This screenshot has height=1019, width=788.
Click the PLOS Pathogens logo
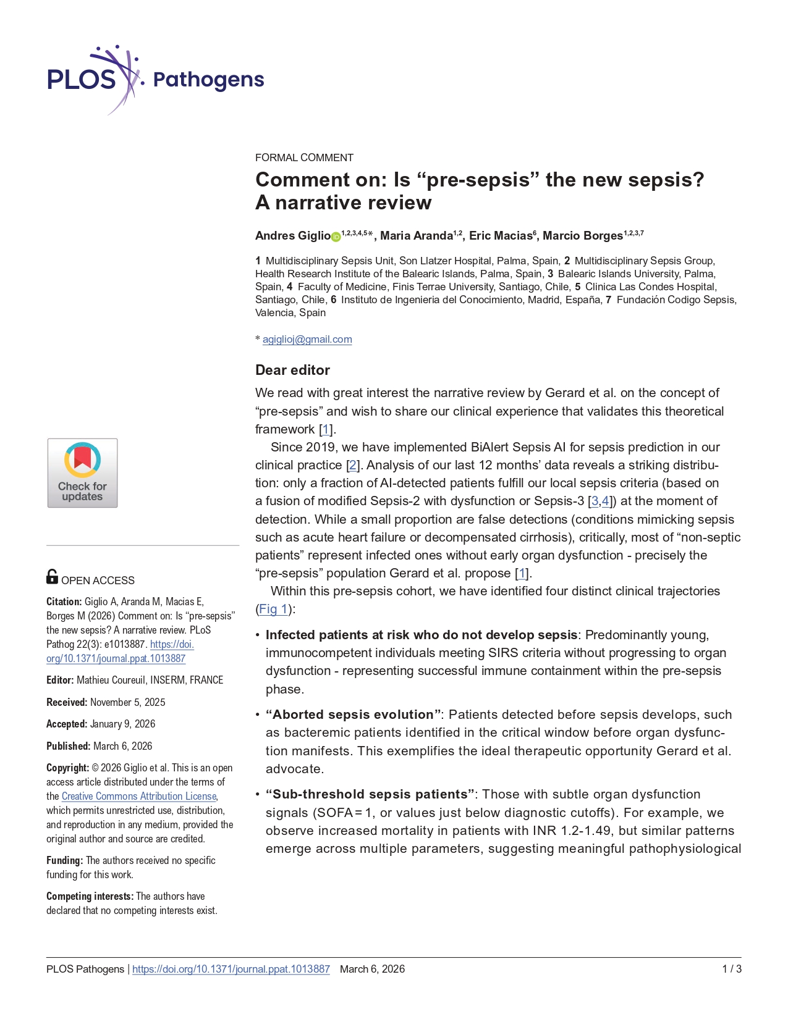click(x=155, y=80)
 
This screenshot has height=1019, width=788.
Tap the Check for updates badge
click(x=82, y=473)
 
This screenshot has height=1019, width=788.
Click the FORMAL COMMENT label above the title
click(x=304, y=157)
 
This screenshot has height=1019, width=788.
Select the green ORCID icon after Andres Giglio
click(x=336, y=237)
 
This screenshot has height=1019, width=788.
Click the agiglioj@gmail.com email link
click(x=307, y=339)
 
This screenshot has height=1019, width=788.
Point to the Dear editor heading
click(x=292, y=370)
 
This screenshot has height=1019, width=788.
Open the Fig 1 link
click(x=273, y=609)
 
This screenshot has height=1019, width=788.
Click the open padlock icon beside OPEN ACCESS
click(x=52, y=577)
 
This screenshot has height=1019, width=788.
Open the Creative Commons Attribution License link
click(x=139, y=796)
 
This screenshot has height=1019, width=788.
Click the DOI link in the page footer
click(x=231, y=969)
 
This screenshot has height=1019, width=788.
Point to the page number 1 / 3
click(x=732, y=969)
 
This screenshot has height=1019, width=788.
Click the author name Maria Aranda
click(x=416, y=236)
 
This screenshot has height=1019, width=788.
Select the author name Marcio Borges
click(x=582, y=236)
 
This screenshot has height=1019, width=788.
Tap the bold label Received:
click(x=67, y=702)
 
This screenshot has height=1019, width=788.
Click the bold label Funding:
click(x=64, y=860)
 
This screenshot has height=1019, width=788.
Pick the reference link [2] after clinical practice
click(x=353, y=465)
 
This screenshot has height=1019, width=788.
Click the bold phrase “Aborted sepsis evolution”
click(x=354, y=715)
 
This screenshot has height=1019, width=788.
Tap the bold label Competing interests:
click(x=90, y=896)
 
